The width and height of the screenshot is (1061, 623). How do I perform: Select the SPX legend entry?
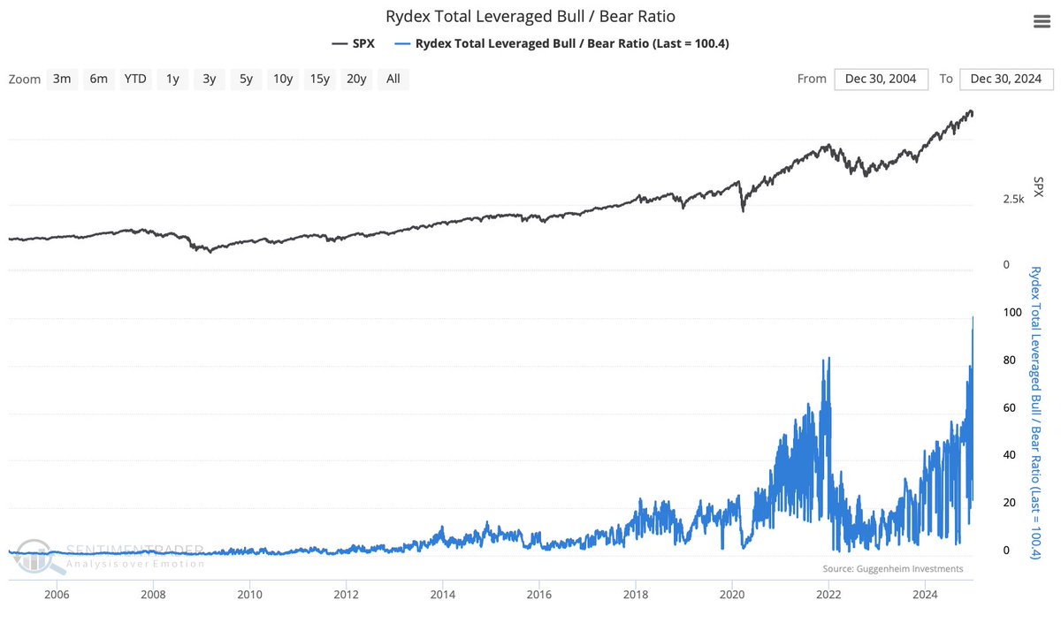coord(354,42)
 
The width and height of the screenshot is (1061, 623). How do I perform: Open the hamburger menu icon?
coord(1041,22)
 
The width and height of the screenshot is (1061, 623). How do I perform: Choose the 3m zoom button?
coord(62,79)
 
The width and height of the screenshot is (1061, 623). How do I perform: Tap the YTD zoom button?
coord(135,79)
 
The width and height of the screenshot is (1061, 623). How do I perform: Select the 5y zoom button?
coord(246,79)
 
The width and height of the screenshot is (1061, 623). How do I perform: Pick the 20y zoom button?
coord(356,79)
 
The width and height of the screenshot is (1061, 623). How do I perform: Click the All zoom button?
coord(393,79)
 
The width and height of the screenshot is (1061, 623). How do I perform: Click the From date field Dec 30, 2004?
coord(881,79)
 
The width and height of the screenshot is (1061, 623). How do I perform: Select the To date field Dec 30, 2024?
coord(1006,79)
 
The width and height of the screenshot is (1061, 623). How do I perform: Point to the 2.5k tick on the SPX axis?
coord(1012,200)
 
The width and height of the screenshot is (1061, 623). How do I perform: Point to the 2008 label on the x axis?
coord(154,595)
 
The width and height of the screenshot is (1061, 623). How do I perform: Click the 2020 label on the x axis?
coord(732,595)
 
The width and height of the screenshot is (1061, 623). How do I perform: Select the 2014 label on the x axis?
coord(443,595)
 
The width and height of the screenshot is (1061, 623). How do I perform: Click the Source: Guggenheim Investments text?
coord(892,569)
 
